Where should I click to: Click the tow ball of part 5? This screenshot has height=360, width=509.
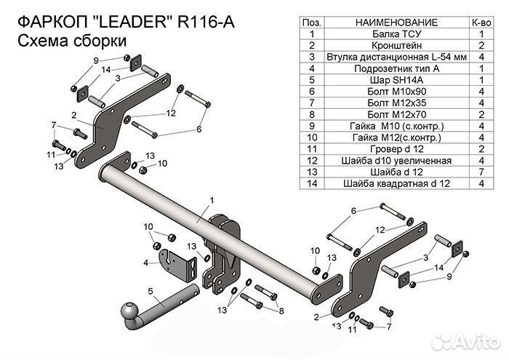(x=130, y=312)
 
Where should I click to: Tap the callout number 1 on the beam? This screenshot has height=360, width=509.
(x=212, y=201)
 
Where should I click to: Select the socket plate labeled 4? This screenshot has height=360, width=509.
(x=178, y=265)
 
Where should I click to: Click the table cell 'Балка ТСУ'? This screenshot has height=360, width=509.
(x=396, y=33)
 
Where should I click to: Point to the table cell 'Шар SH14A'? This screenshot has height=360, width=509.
(x=396, y=80)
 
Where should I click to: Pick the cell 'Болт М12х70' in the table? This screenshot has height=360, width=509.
(x=396, y=114)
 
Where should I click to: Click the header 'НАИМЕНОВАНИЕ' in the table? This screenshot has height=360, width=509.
(x=396, y=23)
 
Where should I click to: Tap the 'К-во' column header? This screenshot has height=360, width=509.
(x=481, y=23)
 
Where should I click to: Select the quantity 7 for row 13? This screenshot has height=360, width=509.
(x=481, y=172)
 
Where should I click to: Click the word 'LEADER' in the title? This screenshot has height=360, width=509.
(x=129, y=23)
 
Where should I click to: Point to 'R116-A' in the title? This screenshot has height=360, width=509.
(x=206, y=23)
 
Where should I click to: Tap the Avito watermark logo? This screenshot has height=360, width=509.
(x=468, y=342)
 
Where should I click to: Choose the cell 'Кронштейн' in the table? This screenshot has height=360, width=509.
(x=396, y=45)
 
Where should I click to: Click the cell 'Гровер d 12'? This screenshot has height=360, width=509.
(x=396, y=148)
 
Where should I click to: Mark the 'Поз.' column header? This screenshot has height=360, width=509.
(x=312, y=23)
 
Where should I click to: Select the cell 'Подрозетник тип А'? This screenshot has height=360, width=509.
(x=396, y=68)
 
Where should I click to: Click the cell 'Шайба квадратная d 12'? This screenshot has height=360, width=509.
(x=396, y=183)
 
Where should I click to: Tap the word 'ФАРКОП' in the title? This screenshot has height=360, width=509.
(x=52, y=23)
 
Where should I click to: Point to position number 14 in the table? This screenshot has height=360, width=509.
(x=312, y=183)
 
